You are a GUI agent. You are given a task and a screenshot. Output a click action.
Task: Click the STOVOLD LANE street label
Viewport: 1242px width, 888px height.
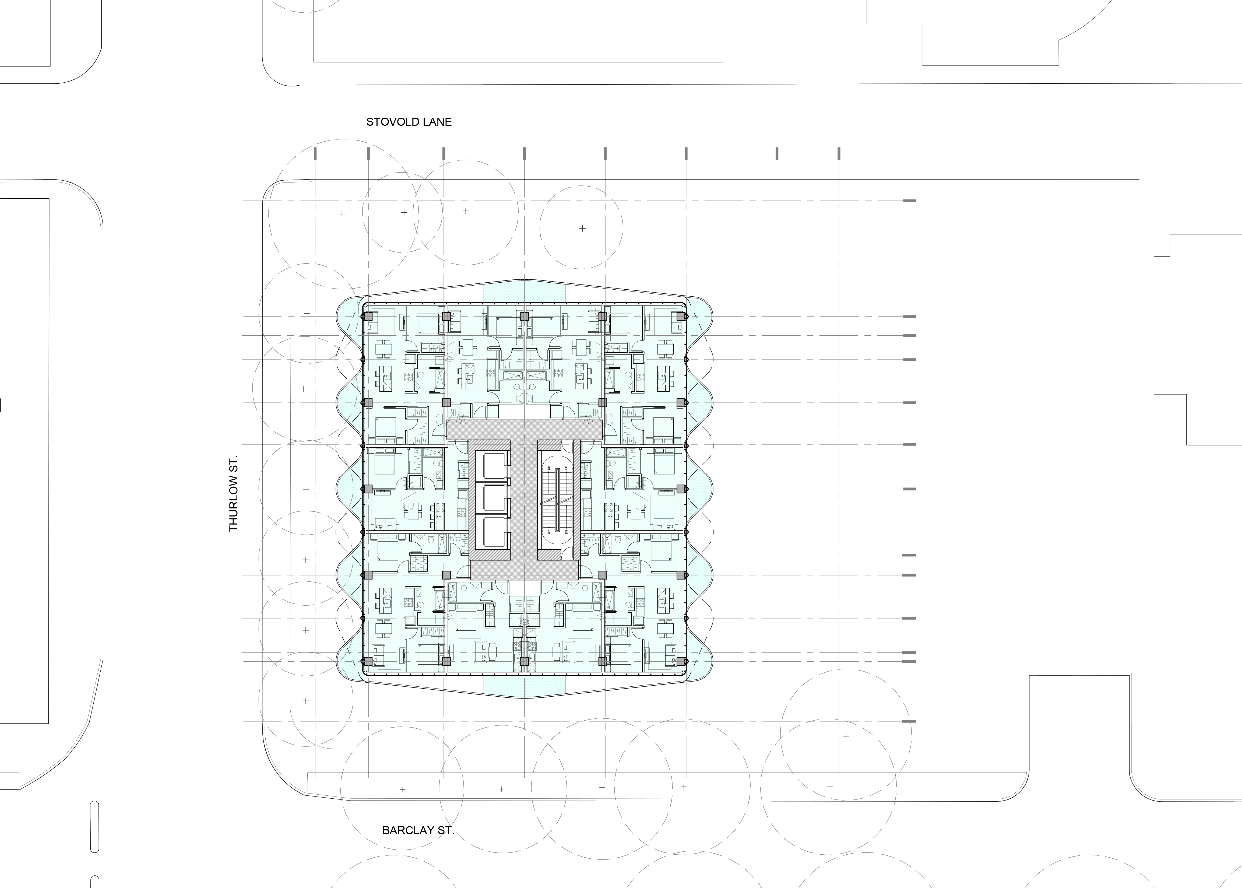[x=409, y=122]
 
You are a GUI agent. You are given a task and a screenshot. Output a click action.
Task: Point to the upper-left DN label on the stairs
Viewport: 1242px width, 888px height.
[x=547, y=468]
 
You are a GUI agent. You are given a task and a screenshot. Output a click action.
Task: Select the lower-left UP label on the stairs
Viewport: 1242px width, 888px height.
[x=547, y=532]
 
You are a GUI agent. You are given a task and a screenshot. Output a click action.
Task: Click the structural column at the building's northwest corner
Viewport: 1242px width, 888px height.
[x=368, y=317]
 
